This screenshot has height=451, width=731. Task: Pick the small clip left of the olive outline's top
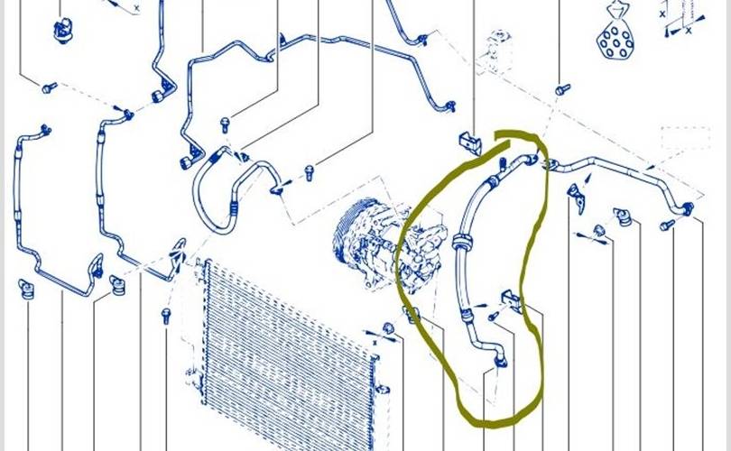pyautogui.click(x=469, y=141)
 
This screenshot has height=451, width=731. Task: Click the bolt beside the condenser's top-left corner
pyautogui.click(x=166, y=316)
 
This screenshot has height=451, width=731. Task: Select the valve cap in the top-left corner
pyautogui.click(x=62, y=29)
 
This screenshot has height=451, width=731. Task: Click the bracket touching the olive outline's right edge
pyautogui.click(x=513, y=301)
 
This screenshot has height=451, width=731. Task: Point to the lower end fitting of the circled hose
pyautogui.click(x=499, y=360)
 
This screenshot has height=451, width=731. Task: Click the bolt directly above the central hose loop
pyautogui.click(x=224, y=124)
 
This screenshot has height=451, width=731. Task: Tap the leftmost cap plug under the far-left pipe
pyautogui.click(x=24, y=289)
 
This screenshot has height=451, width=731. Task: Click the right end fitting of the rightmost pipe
pyautogui.click(x=688, y=209)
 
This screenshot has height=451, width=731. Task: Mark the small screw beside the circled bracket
pyautogui.click(x=494, y=317)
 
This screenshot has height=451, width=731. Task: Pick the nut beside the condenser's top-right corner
pyautogui.click(x=387, y=327)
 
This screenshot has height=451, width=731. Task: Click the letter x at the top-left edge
pyautogui.click(x=136, y=8)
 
